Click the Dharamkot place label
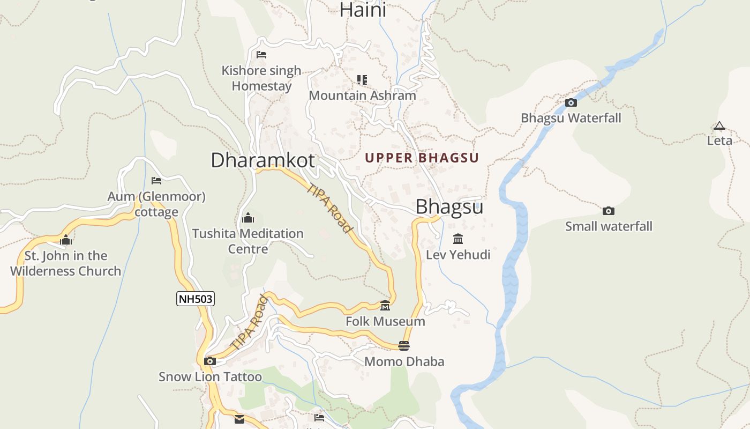tap(262, 160)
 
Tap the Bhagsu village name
tap(449, 207)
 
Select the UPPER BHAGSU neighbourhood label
tap(422, 158)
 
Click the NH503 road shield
tap(196, 299)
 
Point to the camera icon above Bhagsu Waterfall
tap(571, 102)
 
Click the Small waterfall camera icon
tap(608, 211)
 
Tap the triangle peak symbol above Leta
tap(719, 126)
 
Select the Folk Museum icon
tap(385, 306)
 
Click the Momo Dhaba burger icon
tap(404, 346)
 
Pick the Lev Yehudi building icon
tap(458, 239)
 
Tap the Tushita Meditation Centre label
tap(247, 241)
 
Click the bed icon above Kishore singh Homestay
tap(261, 55)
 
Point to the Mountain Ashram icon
tap(362, 80)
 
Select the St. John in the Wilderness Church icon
tap(66, 240)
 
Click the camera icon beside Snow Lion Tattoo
tap(210, 361)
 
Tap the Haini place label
tap(363, 10)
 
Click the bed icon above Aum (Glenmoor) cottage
tap(156, 181)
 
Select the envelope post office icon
tap(239, 419)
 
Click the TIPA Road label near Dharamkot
tap(330, 208)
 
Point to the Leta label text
tap(719, 140)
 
